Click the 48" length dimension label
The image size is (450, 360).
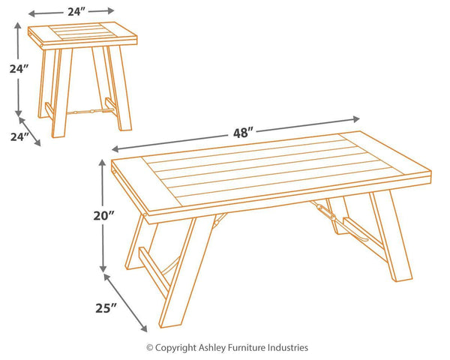[243, 133]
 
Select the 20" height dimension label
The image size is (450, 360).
[104, 215]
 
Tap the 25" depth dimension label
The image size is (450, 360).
[106, 308]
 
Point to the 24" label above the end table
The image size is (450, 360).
[76, 11]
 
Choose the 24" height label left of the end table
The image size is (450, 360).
[19, 69]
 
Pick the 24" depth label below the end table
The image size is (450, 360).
[19, 137]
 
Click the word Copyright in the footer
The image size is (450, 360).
[175, 348]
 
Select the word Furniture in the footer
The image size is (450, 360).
[247, 348]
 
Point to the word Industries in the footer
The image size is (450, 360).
[288, 348]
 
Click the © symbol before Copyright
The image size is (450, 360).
[149, 348]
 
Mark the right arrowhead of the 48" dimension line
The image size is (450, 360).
[356, 119]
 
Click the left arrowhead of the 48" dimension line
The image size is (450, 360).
[115, 148]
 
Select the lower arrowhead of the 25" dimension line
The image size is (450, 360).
[143, 328]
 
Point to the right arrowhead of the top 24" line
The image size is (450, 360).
[111, 10]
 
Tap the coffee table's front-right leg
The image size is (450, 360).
[391, 235]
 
